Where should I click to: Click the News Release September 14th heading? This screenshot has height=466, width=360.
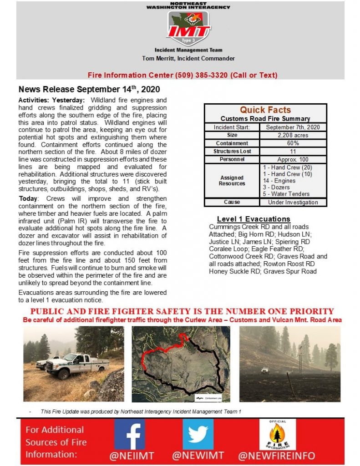pos(89,89)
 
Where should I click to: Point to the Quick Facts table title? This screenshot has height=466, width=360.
pos(265,110)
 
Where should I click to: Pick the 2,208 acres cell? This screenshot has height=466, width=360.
pos(293,135)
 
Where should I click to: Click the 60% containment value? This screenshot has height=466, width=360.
pos(293,143)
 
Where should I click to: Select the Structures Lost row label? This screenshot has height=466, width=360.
pos(232,151)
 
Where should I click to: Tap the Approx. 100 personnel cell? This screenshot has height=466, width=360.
pos(293,159)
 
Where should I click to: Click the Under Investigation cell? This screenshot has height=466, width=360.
pos(293,202)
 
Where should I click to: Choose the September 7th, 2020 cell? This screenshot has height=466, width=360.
pos(293,127)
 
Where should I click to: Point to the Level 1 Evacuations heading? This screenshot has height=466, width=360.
pos(254,219)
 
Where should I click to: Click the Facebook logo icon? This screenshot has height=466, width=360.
pos(130,434)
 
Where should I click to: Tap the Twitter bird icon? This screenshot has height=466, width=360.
pos(198,434)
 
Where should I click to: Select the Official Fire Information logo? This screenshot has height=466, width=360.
pos(278,434)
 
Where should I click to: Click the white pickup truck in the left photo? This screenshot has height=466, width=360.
pos(77,364)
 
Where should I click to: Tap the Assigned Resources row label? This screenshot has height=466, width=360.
pos(232,181)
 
